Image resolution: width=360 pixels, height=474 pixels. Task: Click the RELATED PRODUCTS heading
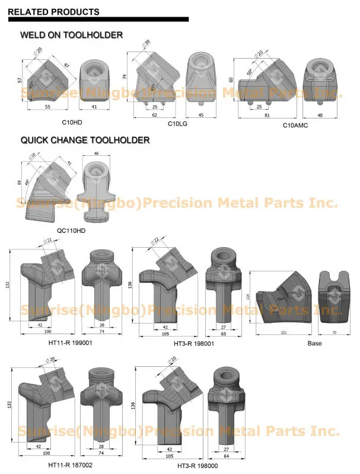click(54, 12)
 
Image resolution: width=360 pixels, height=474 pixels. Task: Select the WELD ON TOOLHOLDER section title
click(72, 36)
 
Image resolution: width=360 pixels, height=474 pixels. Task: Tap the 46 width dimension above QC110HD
click(97, 153)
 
